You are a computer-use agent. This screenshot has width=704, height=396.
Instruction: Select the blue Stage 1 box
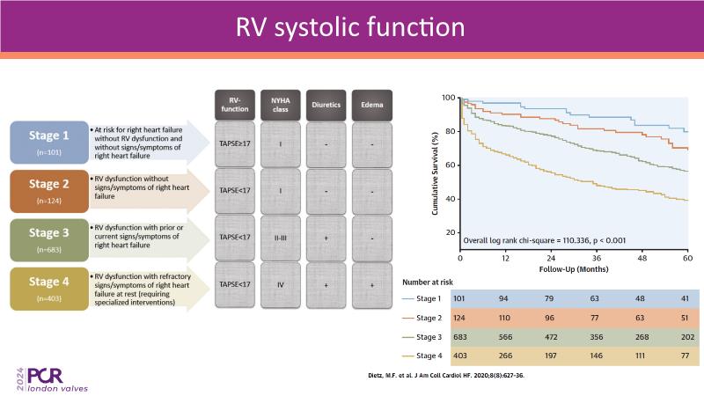[x=48, y=143]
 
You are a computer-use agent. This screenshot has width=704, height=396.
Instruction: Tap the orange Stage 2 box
[x=48, y=192]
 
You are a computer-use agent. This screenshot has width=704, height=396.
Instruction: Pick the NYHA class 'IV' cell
[x=279, y=284]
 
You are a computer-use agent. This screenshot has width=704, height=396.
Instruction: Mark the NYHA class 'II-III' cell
[x=279, y=237]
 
